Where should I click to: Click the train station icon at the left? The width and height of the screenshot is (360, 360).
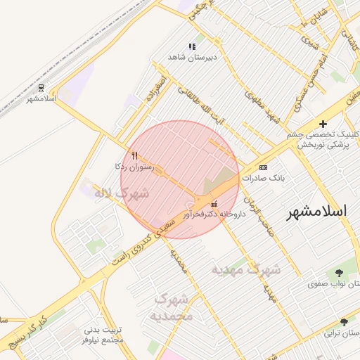pyautogui.click(x=42, y=88)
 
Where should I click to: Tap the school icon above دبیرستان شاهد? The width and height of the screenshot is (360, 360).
pyautogui.click(x=192, y=46)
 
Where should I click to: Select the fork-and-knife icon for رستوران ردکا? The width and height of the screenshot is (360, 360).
pyautogui.click(x=134, y=155)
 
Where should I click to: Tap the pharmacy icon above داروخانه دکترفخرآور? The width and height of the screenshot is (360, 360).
pyautogui.click(x=214, y=204)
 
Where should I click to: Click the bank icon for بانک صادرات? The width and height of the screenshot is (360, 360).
pyautogui.click(x=263, y=167)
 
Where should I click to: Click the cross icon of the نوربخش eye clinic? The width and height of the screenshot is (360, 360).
pyautogui.click(x=323, y=124)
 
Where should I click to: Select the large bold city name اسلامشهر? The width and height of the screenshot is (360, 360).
pyautogui.click(x=316, y=212)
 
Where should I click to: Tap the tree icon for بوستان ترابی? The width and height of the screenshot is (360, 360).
pyautogui.click(x=344, y=321)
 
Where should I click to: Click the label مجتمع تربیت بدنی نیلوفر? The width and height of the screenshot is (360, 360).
pyautogui.click(x=103, y=335)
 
